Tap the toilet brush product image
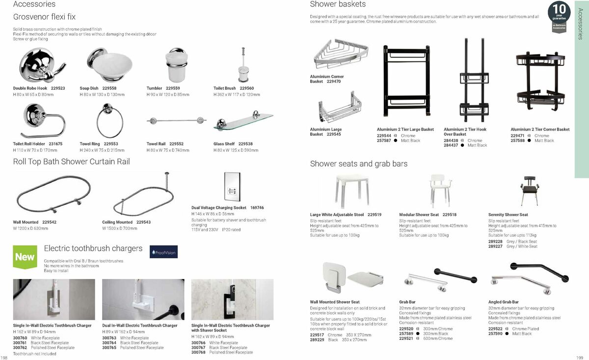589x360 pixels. [x=242, y=65]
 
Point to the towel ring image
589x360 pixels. [x=109, y=121]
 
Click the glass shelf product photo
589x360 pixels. [x=243, y=121]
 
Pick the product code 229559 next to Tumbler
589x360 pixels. [x=173, y=88]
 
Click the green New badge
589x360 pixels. [x=25, y=257]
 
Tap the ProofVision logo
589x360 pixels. [x=163, y=252]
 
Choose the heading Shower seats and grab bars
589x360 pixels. [x=358, y=164]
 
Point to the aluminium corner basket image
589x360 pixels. [x=340, y=55]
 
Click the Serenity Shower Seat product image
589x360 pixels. [x=528, y=190]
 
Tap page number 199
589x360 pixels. [x=579, y=357]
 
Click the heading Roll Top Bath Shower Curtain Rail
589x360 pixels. [x=72, y=162]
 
